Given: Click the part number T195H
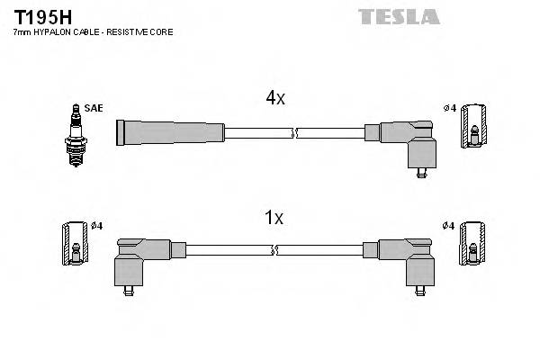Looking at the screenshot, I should (x=39, y=16).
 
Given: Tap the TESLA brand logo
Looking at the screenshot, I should (x=398, y=16).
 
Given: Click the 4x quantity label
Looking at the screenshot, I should (x=274, y=99).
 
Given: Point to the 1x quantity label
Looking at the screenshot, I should (x=274, y=217).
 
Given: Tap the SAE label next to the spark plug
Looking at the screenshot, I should (x=94, y=108).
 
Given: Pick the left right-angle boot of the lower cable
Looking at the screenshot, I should (x=139, y=258).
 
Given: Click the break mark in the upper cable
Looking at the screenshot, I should (x=294, y=133).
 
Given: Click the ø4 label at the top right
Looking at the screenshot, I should (x=449, y=109).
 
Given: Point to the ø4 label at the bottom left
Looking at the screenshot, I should (x=96, y=225).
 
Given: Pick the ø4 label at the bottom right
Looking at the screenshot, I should (x=449, y=225).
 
